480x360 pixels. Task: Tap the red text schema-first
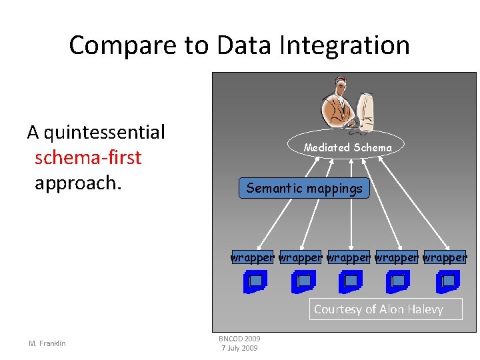click(88, 157)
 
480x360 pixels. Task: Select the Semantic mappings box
click(304, 189)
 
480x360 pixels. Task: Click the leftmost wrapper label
click(253, 257)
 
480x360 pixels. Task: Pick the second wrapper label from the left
click(300, 257)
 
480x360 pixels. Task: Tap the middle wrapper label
click(348, 257)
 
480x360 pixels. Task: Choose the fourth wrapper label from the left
click(396, 257)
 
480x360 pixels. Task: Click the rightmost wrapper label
click(445, 257)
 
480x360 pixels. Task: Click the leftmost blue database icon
click(255, 283)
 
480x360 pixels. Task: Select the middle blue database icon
click(350, 283)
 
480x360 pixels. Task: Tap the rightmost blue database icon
click(447, 283)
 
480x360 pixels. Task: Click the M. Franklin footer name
click(47, 343)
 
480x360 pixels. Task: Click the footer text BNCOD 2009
click(239, 339)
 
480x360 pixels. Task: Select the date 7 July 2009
click(239, 348)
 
